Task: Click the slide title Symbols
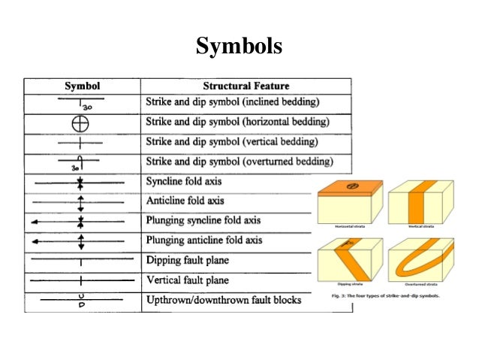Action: coord(239,46)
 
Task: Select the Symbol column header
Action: coord(82,86)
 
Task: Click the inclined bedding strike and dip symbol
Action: coord(80,103)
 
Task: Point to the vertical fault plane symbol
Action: coord(80,281)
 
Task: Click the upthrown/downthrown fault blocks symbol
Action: coord(80,300)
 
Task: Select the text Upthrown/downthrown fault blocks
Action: coord(224,300)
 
